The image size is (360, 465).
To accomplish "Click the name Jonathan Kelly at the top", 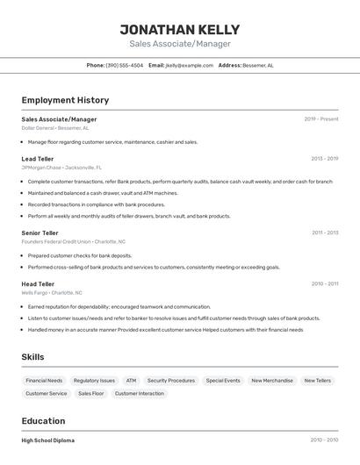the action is click(180, 29).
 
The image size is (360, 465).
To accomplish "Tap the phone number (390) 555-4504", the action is click(124, 65).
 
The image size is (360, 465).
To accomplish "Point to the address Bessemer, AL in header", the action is click(258, 65).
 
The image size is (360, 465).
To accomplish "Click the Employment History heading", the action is click(65, 100).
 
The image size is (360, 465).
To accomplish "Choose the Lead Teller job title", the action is click(38, 159).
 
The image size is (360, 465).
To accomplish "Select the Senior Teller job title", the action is click(40, 232).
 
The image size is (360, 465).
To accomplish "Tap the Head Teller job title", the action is click(38, 284).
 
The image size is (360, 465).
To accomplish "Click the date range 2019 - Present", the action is click(321, 118).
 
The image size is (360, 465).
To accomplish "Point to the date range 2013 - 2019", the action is click(325, 159).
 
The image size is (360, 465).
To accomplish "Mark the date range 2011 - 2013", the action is click(325, 232).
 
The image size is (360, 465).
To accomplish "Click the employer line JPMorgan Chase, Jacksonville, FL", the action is click(61, 167).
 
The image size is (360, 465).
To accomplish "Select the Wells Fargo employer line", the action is click(52, 292).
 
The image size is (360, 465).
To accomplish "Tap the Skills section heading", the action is click(32, 357).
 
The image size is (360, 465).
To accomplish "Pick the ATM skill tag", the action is click(131, 381).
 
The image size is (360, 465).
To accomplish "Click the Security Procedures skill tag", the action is click(171, 381).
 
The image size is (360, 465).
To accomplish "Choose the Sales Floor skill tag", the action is click(91, 394).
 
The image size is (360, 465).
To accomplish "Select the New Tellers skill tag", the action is click(318, 381).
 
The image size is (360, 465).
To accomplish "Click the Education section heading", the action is click(44, 421).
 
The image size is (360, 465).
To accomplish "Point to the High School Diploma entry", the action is click(48, 440).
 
